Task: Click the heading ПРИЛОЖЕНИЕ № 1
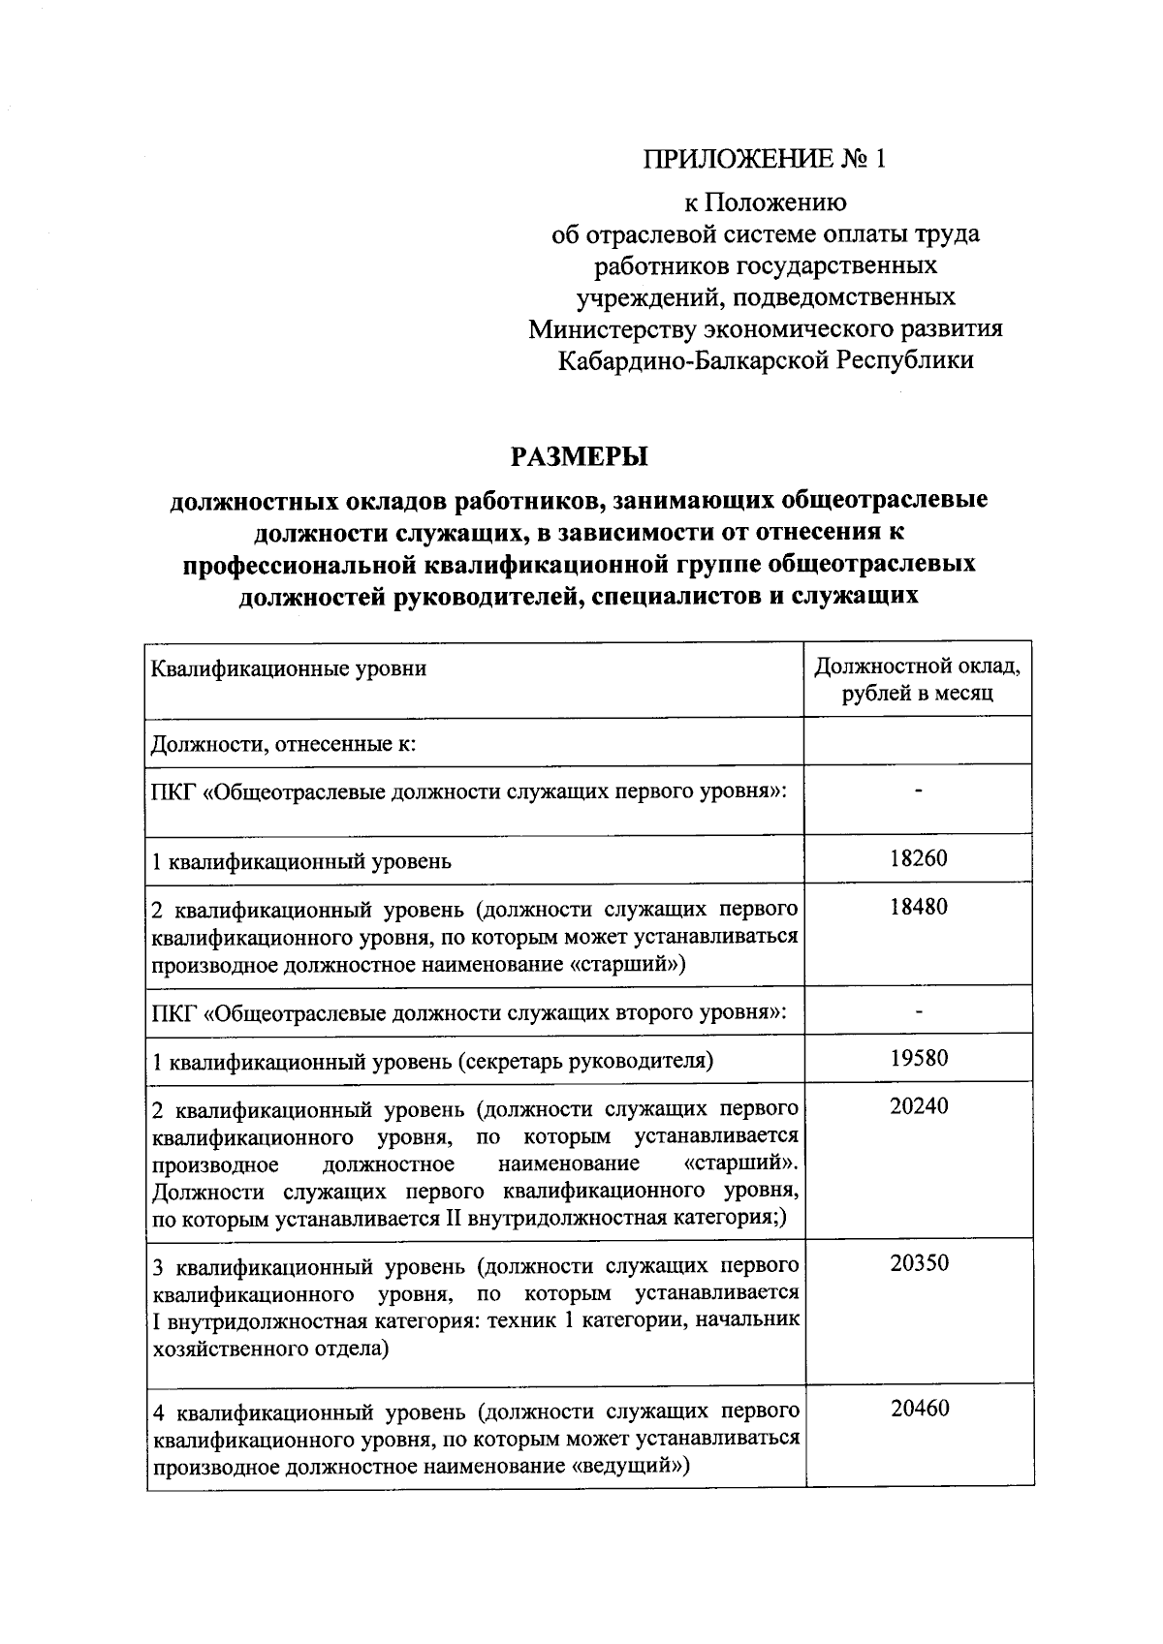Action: (765, 158)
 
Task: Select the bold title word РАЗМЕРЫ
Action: (579, 454)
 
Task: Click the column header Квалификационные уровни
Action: (290, 668)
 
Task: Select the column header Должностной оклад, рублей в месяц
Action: (917, 680)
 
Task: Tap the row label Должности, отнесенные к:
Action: (284, 745)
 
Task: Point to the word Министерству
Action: (621, 329)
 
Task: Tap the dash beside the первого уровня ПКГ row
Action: (918, 791)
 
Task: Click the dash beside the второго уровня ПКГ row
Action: (918, 1012)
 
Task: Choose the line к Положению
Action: (765, 202)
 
